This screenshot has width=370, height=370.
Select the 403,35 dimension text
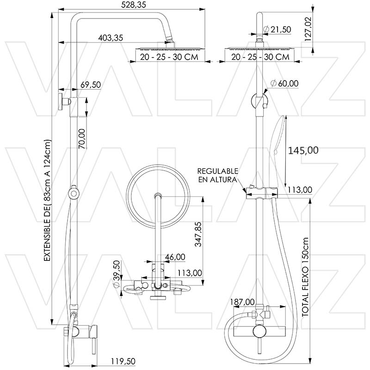point(111,38)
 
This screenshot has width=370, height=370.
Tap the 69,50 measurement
point(91,85)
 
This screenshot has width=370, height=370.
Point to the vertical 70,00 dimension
point(82,138)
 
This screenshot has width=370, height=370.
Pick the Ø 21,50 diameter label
point(277,30)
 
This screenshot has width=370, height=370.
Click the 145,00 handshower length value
point(303,150)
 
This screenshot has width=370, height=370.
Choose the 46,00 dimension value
point(175,257)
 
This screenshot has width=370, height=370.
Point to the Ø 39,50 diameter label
point(117,274)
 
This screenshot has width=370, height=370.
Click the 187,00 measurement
point(242,302)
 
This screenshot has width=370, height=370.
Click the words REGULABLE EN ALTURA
point(218,175)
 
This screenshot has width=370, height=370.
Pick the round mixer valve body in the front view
point(259,333)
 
